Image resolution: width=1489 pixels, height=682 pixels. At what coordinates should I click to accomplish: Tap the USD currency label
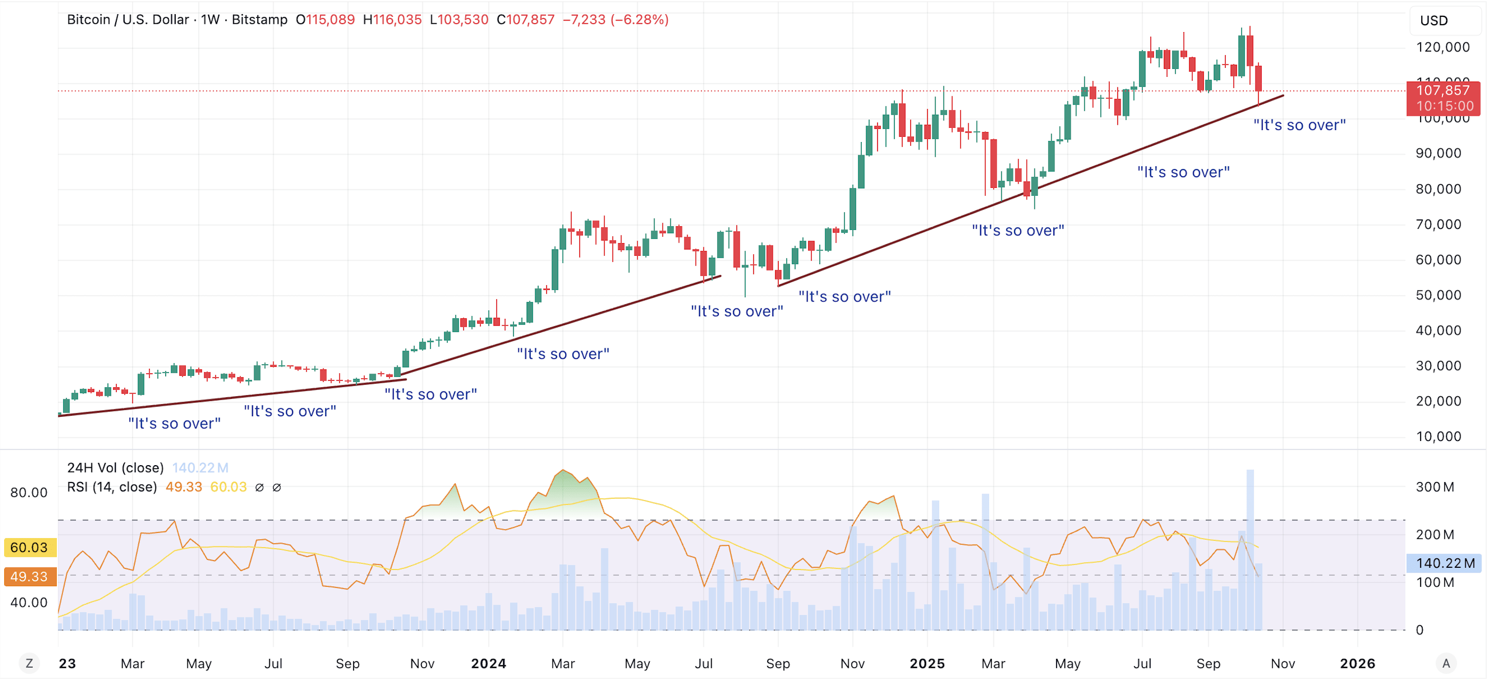pos(1434,21)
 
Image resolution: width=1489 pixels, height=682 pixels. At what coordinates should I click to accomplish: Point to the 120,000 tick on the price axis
pos(1442,47)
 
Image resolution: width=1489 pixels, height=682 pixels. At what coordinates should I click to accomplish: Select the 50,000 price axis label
pos(1438,295)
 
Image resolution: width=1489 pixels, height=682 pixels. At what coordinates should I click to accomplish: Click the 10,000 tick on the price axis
pos(1438,437)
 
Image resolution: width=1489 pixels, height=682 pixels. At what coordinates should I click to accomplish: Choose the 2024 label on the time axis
pos(488,664)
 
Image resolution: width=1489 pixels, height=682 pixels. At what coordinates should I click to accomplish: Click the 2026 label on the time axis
pos(1357,664)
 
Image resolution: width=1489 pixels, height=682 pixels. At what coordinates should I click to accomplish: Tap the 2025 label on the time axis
pos(927,664)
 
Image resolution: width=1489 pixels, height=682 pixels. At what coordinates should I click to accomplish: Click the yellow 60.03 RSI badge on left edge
pos(29,547)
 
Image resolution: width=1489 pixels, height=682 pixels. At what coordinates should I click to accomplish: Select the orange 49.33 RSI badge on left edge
pos(29,576)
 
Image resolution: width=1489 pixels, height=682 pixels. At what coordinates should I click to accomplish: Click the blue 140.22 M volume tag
pos(1444,563)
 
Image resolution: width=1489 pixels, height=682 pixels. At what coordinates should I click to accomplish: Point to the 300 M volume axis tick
pos(1435,487)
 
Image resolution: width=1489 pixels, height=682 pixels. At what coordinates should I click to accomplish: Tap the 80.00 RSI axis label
pos(29,493)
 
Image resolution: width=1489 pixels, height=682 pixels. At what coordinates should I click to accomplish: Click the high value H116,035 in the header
pos(392,19)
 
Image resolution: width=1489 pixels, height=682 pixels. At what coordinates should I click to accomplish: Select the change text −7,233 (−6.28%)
pos(616,19)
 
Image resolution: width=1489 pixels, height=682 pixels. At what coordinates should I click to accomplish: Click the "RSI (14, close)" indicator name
pos(112,487)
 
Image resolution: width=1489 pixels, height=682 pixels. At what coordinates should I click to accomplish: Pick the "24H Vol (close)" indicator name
pos(116,468)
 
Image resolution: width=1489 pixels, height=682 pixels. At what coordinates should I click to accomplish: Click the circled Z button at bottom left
pos(29,664)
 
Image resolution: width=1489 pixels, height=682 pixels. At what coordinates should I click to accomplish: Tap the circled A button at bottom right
pos(1446,664)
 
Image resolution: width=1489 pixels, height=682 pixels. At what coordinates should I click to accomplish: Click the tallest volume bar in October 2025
pos(1250,549)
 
